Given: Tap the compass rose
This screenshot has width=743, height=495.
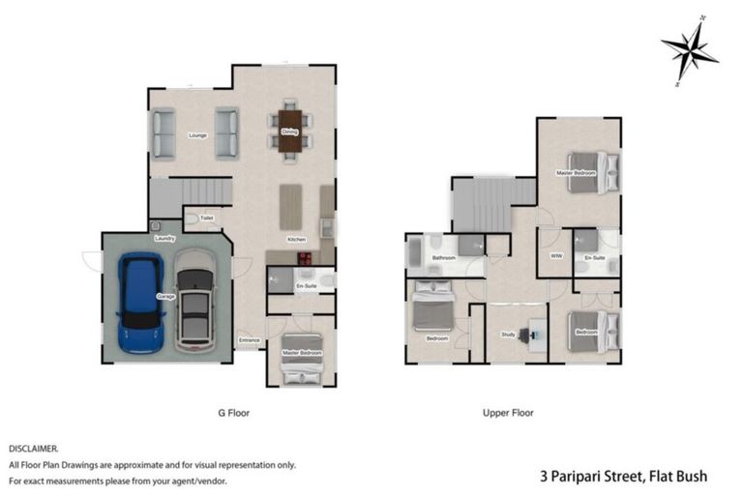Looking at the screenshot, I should pos(689,50).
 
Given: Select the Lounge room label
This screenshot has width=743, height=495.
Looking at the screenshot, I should pos(170,135).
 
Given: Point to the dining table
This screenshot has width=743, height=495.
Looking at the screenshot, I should pos(290,131).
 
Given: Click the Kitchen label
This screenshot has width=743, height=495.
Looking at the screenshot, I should pos(296,239).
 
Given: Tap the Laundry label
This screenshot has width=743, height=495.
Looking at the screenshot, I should pos(163,238).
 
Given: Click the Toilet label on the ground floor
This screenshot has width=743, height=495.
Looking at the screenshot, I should pos(206,218).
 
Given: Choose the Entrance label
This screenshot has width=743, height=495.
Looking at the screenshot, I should pos(249,339).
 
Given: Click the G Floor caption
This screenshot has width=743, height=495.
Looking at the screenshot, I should pos(234,412).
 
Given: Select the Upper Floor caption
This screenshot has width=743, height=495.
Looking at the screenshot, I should pos(508,412).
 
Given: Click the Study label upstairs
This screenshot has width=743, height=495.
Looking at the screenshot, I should pos(508,335).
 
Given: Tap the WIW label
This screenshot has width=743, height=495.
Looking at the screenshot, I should pos(555,256).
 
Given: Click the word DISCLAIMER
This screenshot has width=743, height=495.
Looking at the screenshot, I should pos(34,449).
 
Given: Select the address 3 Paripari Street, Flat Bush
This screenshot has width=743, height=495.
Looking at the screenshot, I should pos(623,476).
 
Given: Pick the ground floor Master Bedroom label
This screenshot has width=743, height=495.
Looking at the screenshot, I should pos(301,353).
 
